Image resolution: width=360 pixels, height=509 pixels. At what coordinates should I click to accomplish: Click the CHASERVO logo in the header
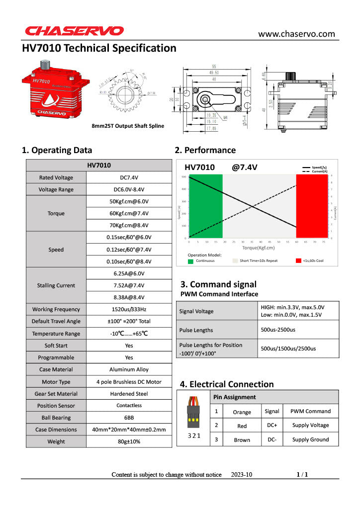(x=74, y=31)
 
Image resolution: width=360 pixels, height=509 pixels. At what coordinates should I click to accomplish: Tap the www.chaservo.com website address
(x=296, y=34)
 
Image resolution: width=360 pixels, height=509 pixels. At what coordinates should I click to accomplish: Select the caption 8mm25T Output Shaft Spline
(x=128, y=126)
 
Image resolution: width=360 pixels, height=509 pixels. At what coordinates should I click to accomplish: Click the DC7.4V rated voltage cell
(x=129, y=177)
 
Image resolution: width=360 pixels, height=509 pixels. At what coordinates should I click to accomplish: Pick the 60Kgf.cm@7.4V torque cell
(x=129, y=213)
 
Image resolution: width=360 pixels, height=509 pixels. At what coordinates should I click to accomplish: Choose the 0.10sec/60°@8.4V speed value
(x=129, y=261)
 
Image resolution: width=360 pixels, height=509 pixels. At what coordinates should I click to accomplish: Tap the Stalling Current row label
(x=56, y=285)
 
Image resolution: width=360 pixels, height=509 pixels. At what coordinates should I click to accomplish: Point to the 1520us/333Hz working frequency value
(x=129, y=309)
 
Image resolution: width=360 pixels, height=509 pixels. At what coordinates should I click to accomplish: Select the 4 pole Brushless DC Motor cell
(x=129, y=382)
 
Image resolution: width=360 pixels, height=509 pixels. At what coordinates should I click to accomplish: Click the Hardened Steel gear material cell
(x=129, y=394)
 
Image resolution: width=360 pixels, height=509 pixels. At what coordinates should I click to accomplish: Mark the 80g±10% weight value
(x=129, y=441)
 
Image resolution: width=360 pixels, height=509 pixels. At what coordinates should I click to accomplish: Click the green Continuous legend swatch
(x=190, y=260)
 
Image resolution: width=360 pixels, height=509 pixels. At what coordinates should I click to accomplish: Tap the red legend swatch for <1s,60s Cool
(x=299, y=260)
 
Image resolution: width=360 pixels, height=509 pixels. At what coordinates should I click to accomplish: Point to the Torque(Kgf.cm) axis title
(x=258, y=248)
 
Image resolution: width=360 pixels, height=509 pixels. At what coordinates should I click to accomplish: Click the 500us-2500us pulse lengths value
(x=278, y=330)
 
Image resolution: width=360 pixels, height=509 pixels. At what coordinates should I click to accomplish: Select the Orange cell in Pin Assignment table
(x=242, y=412)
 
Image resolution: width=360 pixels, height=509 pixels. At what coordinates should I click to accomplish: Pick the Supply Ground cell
(x=310, y=439)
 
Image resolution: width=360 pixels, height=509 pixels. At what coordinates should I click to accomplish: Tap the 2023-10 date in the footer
(x=242, y=475)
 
